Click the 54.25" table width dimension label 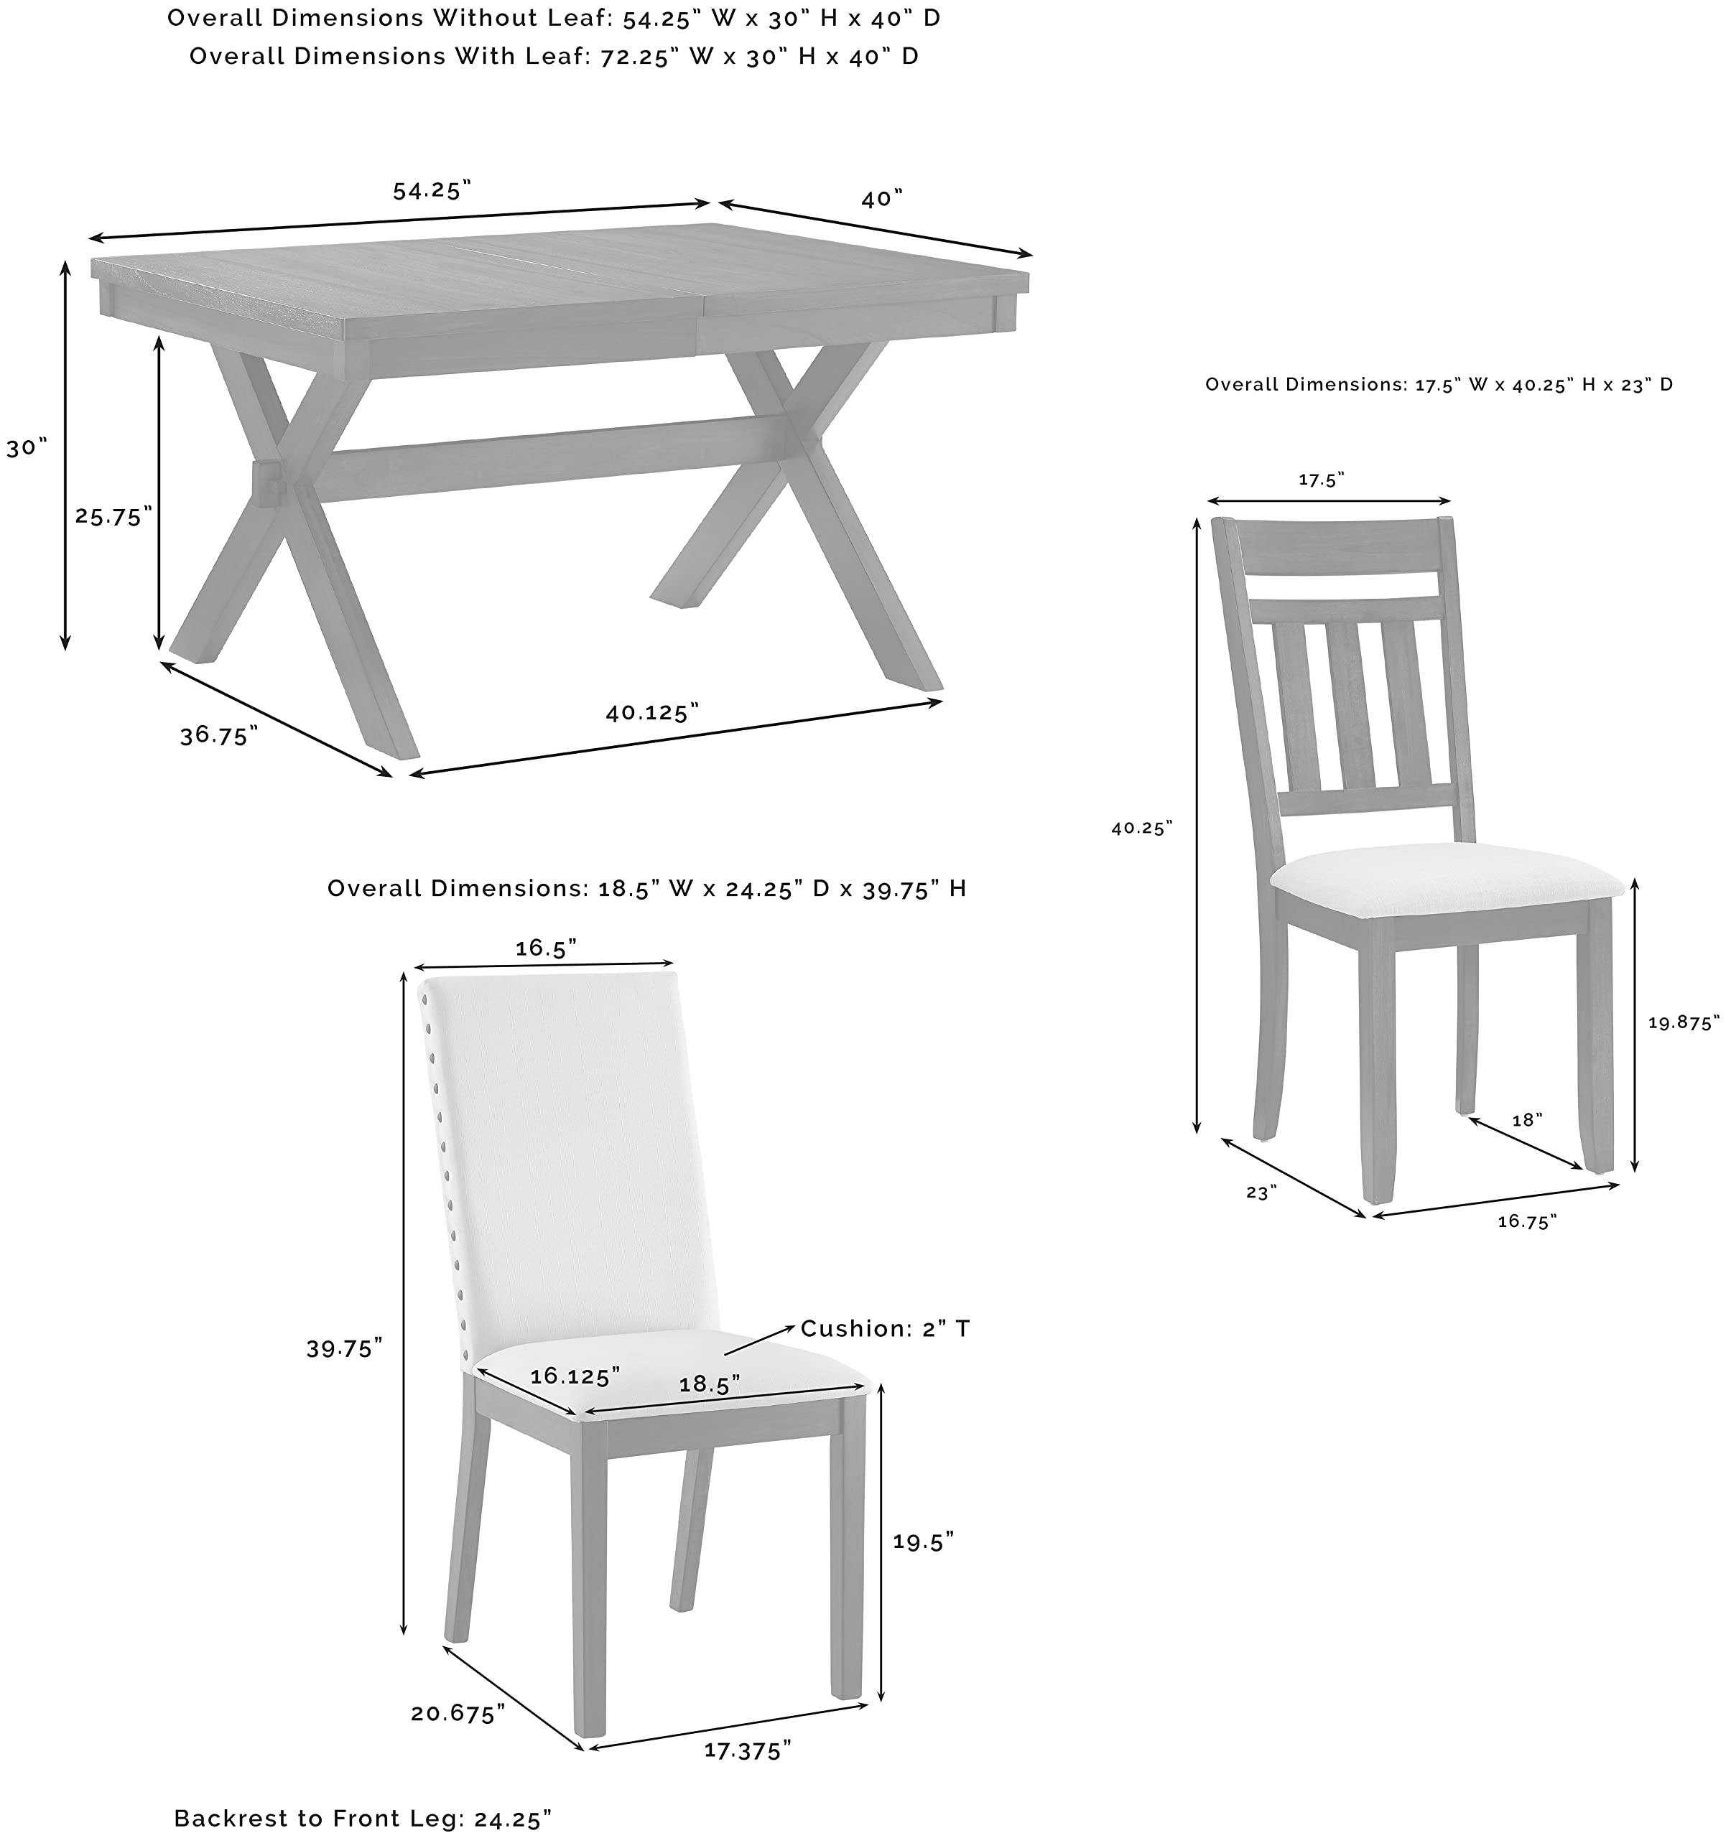tap(432, 190)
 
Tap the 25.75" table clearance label tap(113, 516)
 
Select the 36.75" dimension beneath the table tap(218, 735)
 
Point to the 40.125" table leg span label tap(652, 712)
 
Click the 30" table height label tap(27, 449)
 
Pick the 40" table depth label tap(881, 199)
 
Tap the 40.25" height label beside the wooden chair tap(1141, 829)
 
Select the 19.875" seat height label tap(1683, 1022)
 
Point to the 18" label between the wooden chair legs tap(1526, 1121)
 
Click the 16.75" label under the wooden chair tap(1526, 1222)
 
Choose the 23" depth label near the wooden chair tap(1261, 1193)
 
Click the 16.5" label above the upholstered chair tap(546, 948)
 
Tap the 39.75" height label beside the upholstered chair tap(344, 1349)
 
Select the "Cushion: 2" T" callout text tap(885, 1328)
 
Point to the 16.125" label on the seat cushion tap(574, 1376)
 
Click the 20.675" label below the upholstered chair tap(458, 1714)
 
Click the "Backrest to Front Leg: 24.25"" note tap(363, 1819)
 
